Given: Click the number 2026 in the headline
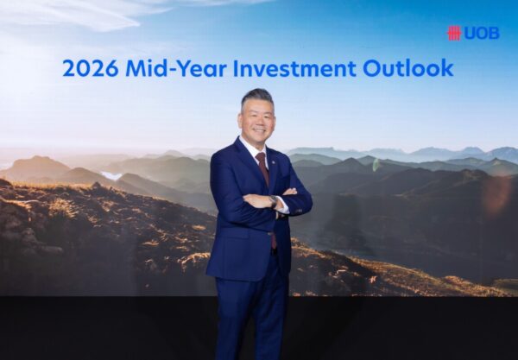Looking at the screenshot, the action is click(90, 68).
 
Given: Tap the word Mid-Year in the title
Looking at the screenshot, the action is click(176, 68).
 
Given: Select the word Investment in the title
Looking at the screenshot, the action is click(294, 68).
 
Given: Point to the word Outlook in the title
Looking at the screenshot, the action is click(407, 68).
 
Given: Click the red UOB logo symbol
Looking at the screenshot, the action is click(454, 34).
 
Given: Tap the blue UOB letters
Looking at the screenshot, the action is click(482, 34).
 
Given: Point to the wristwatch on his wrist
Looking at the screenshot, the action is click(274, 201).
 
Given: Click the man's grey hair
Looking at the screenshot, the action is click(257, 98).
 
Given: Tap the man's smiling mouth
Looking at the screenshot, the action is click(259, 129).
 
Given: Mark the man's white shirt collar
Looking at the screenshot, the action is click(254, 148).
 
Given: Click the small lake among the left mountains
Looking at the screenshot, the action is click(111, 175).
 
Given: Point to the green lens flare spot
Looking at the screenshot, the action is click(376, 165).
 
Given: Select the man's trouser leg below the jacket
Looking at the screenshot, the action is click(251, 317).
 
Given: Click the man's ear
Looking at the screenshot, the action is click(240, 119).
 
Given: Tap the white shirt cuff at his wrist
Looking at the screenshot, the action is click(283, 205).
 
